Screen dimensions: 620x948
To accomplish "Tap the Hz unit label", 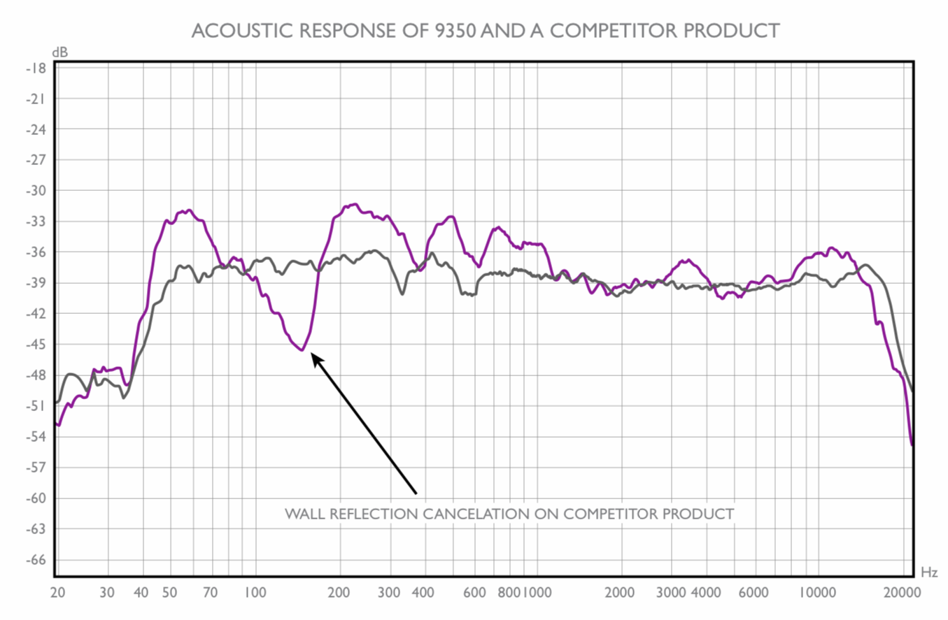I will coord(929,572).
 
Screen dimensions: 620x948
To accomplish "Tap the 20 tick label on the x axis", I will coord(58,592).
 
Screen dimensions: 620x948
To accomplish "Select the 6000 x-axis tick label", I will coord(754,592).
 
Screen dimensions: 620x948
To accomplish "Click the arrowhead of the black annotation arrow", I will coord(316,358).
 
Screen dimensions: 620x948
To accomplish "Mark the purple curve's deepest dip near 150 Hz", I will coord(302,349).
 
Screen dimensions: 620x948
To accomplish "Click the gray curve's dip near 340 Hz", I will coord(402,294).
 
